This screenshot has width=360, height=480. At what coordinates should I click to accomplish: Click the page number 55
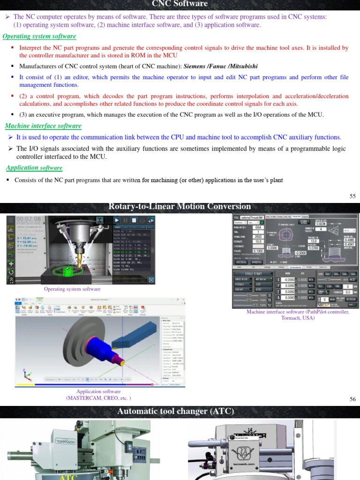coord(352,196)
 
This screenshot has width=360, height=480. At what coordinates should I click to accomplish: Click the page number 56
coord(352,399)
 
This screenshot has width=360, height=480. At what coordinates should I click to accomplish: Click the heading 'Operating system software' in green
coord(39,37)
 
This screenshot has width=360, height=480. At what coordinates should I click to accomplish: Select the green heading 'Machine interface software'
coord(43,126)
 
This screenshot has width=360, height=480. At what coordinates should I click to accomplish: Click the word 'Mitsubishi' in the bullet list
coord(241,67)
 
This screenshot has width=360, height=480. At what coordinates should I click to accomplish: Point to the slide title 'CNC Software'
coord(180,4)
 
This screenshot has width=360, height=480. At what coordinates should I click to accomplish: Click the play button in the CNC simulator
coord(117,220)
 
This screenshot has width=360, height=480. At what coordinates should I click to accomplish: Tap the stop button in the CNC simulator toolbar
coord(134,220)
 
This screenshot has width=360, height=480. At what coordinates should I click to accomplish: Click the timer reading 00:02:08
coord(29,219)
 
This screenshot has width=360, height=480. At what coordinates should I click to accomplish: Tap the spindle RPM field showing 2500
coord(258,237)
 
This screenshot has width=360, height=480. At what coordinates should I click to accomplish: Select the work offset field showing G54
coord(258,227)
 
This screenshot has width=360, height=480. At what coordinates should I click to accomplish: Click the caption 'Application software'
coord(98,391)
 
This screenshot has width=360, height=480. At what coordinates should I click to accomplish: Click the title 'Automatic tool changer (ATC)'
coord(175,411)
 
